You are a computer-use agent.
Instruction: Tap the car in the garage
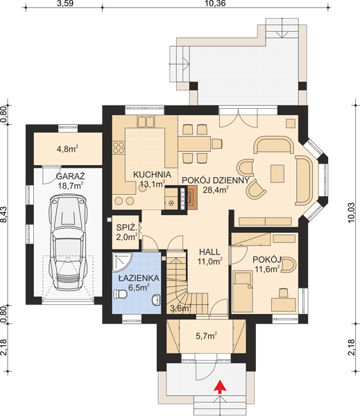(x=68, y=243)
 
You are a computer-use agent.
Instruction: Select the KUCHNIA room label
(x=152, y=175)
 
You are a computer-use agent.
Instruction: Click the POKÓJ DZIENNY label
(x=216, y=180)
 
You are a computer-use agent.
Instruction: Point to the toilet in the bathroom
(x=120, y=294)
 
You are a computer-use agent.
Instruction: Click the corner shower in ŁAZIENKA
(x=121, y=261)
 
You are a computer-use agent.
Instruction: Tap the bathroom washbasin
(x=156, y=300)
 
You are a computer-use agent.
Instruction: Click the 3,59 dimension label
(x=65, y=3)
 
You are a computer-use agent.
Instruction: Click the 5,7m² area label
(x=206, y=336)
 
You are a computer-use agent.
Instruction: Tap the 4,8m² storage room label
(x=67, y=149)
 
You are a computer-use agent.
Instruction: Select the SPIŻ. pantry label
(x=127, y=227)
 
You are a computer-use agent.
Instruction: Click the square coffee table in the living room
(x=277, y=173)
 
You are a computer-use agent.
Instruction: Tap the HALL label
(x=209, y=252)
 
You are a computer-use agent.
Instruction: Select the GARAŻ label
(x=71, y=176)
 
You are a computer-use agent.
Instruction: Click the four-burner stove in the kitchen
(x=119, y=148)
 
